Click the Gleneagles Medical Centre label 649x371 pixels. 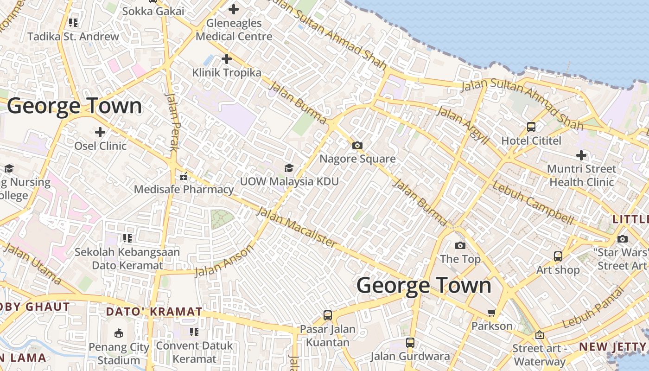[234, 29]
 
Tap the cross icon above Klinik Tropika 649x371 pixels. [227, 59]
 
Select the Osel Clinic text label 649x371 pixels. [100, 146]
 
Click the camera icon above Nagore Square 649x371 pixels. [357, 145]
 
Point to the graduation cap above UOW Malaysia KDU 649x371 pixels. [289, 168]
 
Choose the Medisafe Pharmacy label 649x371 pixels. [184, 189]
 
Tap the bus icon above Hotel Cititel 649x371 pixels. [531, 127]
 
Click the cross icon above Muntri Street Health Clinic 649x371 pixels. [581, 155]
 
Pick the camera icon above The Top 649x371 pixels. [460, 245]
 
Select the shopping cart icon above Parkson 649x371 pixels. [491, 313]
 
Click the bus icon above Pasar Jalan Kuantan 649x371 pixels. [328, 315]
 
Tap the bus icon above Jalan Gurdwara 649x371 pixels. [410, 343]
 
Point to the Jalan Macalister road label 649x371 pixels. [296, 227]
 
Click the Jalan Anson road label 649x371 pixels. [224, 261]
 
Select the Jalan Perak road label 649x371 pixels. [172, 122]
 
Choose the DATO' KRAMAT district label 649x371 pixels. [154, 312]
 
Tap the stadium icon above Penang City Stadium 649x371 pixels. [119, 333]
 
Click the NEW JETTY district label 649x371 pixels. [612, 346]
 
